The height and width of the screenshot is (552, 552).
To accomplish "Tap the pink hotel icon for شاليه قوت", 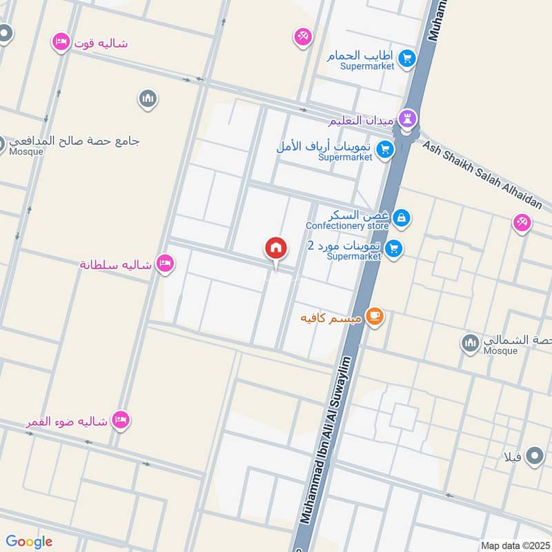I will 61,43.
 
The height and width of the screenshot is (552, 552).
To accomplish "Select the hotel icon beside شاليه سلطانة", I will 164,264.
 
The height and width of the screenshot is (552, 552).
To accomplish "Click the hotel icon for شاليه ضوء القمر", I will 121,420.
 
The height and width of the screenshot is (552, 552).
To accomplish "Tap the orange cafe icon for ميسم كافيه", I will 375,317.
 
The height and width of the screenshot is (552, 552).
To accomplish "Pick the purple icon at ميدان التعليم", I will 408,119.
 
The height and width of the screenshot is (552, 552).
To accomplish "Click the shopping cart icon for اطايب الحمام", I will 406,57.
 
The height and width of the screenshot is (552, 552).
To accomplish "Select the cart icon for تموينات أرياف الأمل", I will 385,148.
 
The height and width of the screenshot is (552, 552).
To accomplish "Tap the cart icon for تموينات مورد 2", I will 393,248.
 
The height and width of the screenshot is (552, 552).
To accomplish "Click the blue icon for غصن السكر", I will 402,219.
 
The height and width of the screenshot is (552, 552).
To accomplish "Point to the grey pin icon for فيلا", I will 534,456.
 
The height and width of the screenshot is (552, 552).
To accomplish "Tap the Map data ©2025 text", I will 514,545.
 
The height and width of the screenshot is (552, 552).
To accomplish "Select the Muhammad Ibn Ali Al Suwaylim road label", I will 324,448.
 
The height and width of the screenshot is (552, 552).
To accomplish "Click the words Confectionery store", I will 347,226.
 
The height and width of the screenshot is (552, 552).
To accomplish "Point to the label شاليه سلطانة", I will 116,264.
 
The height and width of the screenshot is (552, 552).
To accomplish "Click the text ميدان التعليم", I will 362,120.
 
